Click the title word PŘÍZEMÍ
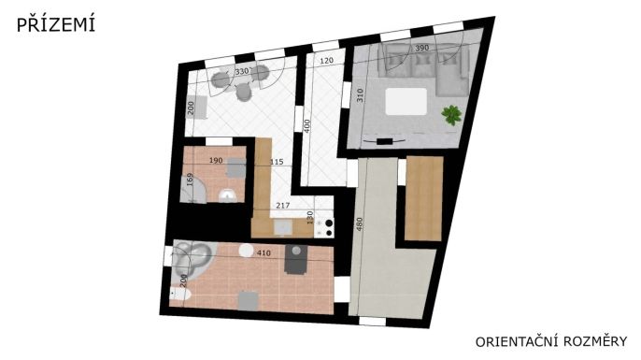[56, 24]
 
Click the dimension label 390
[422, 48]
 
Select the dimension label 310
[360, 95]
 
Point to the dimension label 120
[327, 61]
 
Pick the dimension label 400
[307, 126]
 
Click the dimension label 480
[360, 223]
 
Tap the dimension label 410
[264, 253]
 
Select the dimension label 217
[282, 206]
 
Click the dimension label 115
[277, 162]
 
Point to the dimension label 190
[216, 161]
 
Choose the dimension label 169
[190, 180]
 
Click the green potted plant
[451, 115]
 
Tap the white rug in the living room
[406, 101]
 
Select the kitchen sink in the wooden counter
[283, 227]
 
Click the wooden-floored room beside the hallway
[424, 198]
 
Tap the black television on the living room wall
[384, 141]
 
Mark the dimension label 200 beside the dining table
[191, 108]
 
